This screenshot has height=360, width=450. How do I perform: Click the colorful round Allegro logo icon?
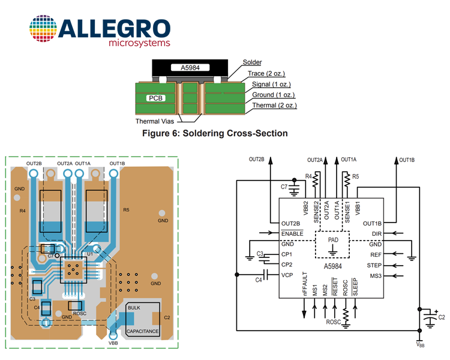tap(43, 28)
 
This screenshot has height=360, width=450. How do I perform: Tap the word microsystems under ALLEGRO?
tap(139, 43)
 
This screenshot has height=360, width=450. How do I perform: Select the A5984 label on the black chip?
tap(190, 68)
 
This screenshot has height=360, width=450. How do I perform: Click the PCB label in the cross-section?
tap(155, 98)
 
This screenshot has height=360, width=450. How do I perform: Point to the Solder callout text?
tap(252, 62)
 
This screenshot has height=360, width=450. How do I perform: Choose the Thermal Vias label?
tap(155, 121)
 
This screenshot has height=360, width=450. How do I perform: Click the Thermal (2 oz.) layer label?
tap(274, 106)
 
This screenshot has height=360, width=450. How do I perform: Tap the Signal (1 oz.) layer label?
tap(271, 84)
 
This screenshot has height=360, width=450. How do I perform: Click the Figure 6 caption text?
tap(215, 133)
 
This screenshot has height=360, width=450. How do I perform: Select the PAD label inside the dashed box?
tap(333, 240)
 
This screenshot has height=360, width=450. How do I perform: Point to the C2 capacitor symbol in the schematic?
tap(430, 318)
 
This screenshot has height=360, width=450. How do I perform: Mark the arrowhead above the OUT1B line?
tap(397, 160)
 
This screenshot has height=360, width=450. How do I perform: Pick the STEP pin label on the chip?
tap(374, 265)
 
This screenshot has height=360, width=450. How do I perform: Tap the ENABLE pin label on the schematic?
tap(292, 233)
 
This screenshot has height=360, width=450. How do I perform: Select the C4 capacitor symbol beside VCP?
tap(265, 275)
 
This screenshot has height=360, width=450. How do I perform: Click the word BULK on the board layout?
tap(134, 308)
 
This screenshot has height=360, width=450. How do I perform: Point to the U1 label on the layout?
tap(90, 254)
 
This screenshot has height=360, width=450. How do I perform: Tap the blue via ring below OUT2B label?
tap(33, 173)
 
